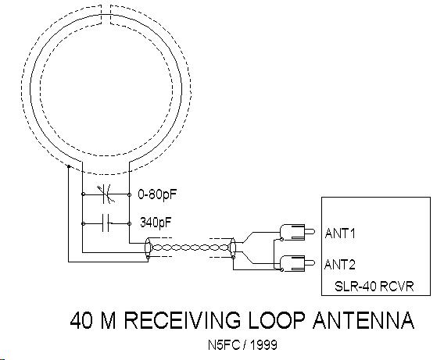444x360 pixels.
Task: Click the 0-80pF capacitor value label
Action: coord(157,194)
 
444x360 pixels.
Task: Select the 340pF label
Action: coord(156,223)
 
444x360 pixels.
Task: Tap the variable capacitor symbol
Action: coord(106,194)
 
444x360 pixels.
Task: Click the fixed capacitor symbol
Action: coord(107,223)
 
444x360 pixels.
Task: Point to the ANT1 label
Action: coord(340,233)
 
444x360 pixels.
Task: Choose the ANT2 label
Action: coord(340,265)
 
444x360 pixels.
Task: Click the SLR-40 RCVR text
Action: coord(374,286)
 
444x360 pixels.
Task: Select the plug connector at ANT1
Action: coord(297,232)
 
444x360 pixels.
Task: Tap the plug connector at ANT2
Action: coord(297,264)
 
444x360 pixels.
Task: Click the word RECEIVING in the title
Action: coord(181,320)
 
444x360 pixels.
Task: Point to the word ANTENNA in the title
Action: coord(363,320)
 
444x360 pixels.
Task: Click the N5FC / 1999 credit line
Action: coord(242,344)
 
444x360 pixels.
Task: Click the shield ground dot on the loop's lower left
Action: coord(69,166)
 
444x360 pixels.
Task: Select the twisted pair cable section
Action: coord(190,248)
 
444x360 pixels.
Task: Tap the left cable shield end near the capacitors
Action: coord(148,248)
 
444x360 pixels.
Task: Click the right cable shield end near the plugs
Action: coord(233,248)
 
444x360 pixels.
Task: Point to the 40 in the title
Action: coord(81,320)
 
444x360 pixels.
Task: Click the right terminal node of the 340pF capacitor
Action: coord(130,223)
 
